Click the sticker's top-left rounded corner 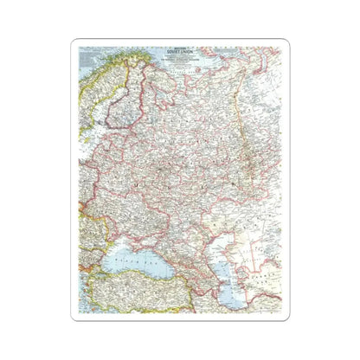tap(77, 43)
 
